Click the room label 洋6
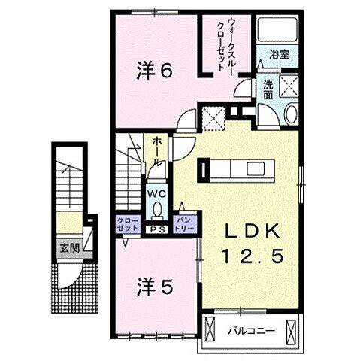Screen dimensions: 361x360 (x=156, y=71)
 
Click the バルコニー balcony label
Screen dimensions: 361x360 (x=250, y=329)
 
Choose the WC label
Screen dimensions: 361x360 (x=157, y=193)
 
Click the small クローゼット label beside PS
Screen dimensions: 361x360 (x=126, y=224)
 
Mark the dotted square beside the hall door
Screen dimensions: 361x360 (x=213, y=117)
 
